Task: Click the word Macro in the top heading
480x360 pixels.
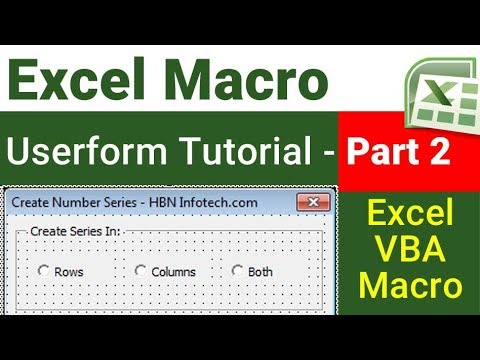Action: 245,77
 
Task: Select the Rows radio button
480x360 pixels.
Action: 43,271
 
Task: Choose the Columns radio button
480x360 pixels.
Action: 140,271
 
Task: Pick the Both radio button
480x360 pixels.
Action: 237,271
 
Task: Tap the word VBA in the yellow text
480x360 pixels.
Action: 413,249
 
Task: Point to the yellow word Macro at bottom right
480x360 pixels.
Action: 413,286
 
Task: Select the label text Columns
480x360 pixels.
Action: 174,272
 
